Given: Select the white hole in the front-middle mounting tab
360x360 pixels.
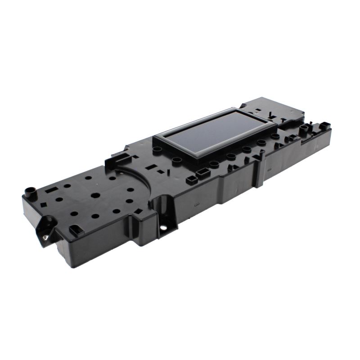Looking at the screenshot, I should pyautogui.click(x=163, y=227).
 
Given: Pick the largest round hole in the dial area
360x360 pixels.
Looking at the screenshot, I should pyautogui.click(x=95, y=196).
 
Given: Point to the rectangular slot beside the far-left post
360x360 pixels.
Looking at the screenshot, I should pyautogui.click(x=50, y=191).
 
